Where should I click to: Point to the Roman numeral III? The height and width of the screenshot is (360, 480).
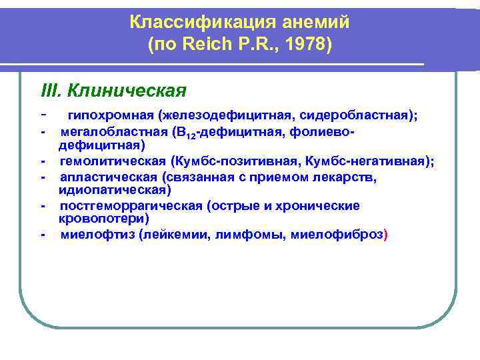point(51,89)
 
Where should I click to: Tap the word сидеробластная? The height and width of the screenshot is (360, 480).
point(359,115)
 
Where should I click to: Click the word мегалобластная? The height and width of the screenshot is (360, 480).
point(112,132)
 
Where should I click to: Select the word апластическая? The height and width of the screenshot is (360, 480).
point(108,177)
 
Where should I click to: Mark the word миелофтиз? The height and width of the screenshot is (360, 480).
point(96,235)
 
